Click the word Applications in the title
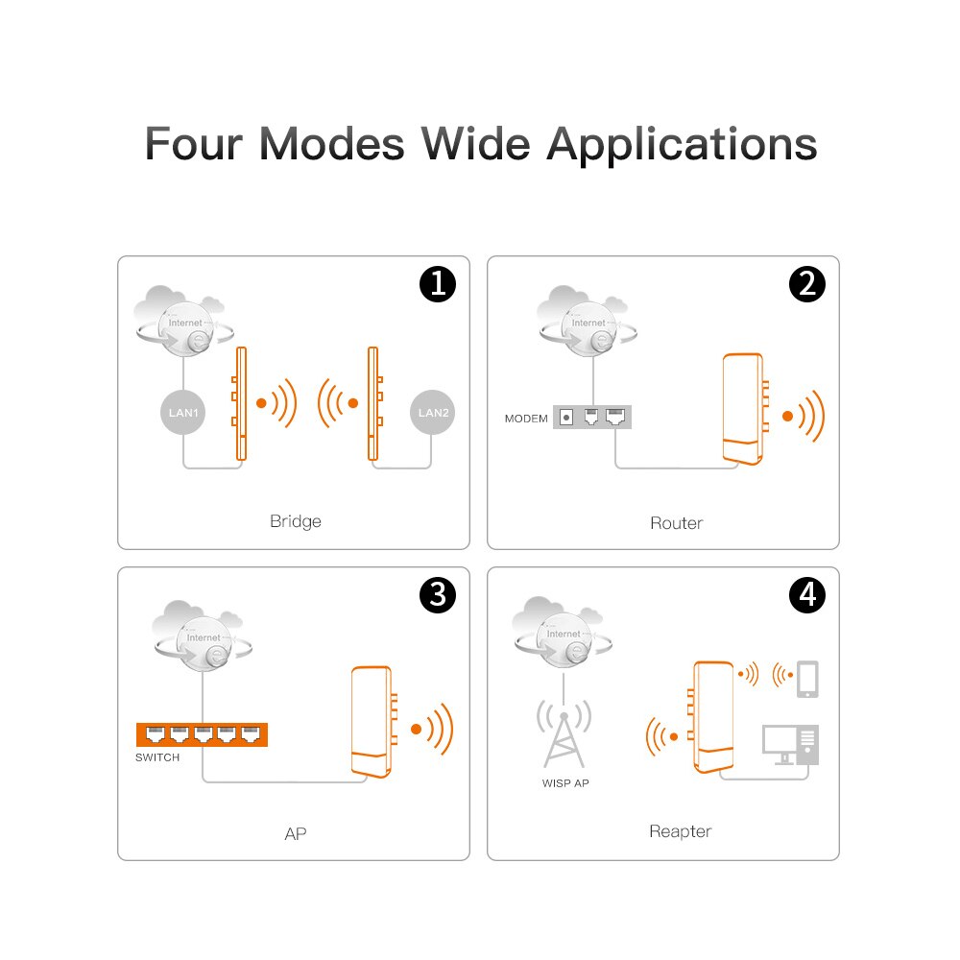click(682, 144)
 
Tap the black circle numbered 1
click(438, 285)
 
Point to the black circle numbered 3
click(438, 595)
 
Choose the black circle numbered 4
click(806, 595)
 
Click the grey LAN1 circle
click(182, 414)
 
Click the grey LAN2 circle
click(433, 414)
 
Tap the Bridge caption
click(295, 521)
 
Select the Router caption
click(676, 523)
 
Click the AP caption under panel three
click(296, 833)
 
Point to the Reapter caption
click(680, 831)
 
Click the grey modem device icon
click(593, 418)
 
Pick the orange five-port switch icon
click(202, 734)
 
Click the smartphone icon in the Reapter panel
click(808, 679)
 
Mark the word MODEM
click(526, 419)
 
